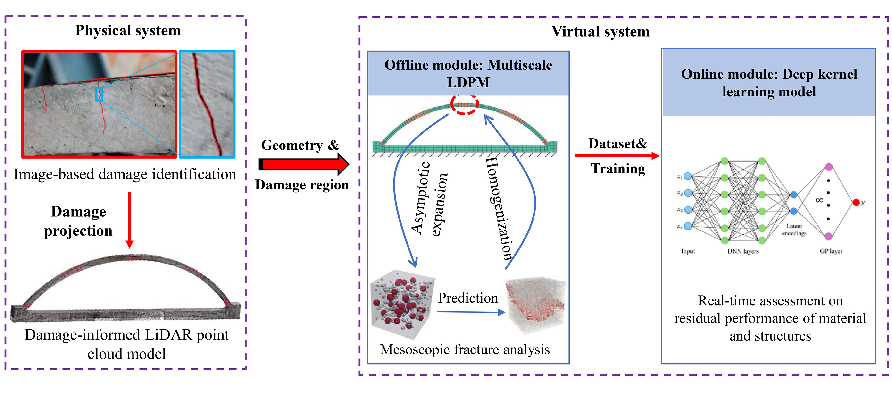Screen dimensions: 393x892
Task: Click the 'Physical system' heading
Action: tap(128, 31)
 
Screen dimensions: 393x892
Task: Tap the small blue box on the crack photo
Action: tap(99, 94)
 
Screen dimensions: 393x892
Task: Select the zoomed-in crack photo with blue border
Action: tap(207, 104)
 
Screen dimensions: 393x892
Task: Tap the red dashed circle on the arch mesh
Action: tap(464, 104)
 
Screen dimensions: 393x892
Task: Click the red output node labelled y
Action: tap(856, 202)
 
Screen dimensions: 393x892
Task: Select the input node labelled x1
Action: tap(688, 176)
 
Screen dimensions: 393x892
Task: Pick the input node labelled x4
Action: tap(688, 226)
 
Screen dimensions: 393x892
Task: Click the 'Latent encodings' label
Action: tap(794, 230)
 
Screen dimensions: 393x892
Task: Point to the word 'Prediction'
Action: tap(468, 298)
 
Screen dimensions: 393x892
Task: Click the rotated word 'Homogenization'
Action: tap(499, 208)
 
